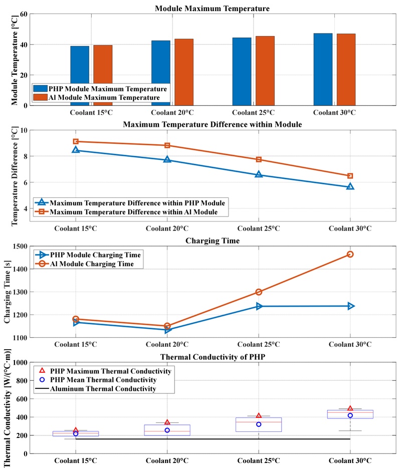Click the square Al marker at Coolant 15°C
point(76,142)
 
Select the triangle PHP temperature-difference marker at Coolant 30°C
point(350,186)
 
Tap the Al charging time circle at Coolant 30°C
point(350,254)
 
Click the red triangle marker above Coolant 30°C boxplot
point(350,408)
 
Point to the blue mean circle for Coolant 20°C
point(167,430)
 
